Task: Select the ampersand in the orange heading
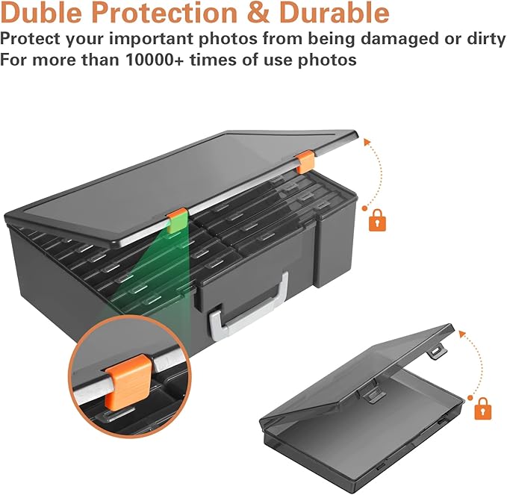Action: pyautogui.click(x=256, y=13)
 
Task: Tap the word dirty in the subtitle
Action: pyautogui.click(x=485, y=39)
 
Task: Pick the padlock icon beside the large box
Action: pyautogui.click(x=378, y=220)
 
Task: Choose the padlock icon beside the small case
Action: pyautogui.click(x=483, y=409)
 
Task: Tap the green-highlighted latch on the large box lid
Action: pyautogui.click(x=178, y=222)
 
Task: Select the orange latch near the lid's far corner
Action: pyautogui.click(x=305, y=163)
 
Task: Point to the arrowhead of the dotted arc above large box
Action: pyautogui.click(x=367, y=143)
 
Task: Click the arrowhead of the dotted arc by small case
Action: pyautogui.click(x=463, y=334)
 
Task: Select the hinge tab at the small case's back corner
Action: pyautogui.click(x=437, y=351)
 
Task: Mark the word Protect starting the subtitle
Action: pyautogui.click(x=30, y=39)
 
